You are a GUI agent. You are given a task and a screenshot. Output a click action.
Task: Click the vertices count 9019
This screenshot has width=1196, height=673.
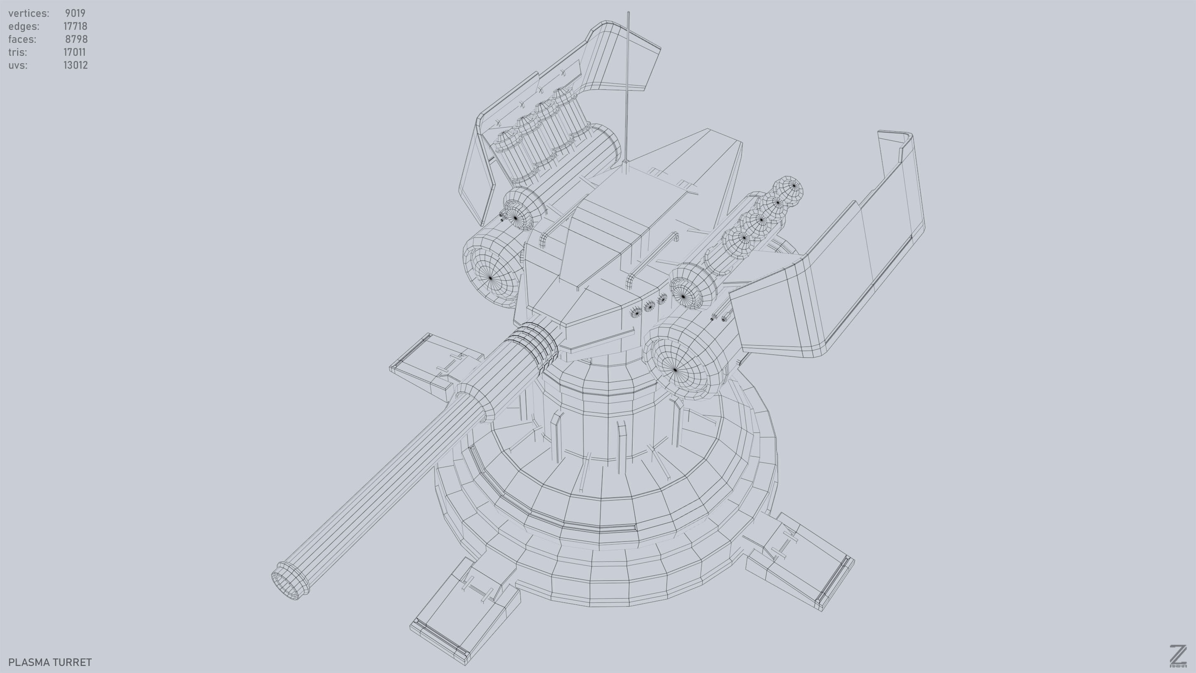(x=75, y=13)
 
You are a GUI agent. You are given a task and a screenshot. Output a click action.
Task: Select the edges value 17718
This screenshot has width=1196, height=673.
(x=75, y=27)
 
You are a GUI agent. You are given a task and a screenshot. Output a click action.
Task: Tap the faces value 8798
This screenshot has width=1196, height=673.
(x=76, y=39)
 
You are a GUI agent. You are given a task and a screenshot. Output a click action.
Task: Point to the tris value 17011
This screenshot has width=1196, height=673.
(x=74, y=52)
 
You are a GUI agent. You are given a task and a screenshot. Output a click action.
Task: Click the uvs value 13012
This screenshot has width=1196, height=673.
(x=75, y=66)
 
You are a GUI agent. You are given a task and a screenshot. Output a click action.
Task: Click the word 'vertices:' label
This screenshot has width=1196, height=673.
(x=29, y=13)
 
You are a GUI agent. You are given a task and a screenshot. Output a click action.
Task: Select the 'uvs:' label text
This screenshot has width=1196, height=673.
(x=17, y=66)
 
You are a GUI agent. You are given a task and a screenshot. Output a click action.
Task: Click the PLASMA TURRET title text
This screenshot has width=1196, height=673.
(x=50, y=662)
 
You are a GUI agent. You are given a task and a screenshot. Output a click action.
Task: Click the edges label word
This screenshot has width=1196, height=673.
(x=24, y=27)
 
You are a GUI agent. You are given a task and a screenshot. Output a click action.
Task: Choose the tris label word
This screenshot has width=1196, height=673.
(x=17, y=52)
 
